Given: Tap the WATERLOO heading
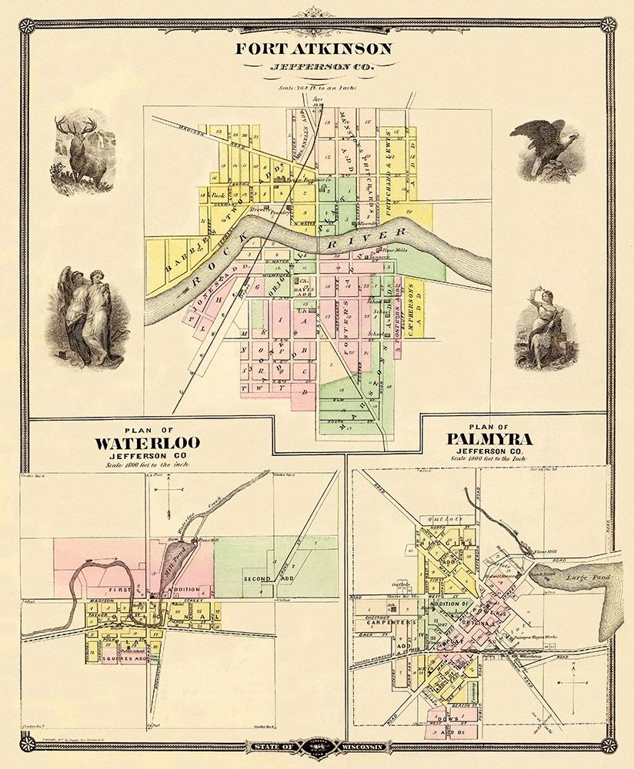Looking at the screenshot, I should [x=148, y=442].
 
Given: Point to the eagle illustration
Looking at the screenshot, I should [x=548, y=148].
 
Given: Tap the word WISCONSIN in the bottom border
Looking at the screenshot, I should [x=361, y=746].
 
